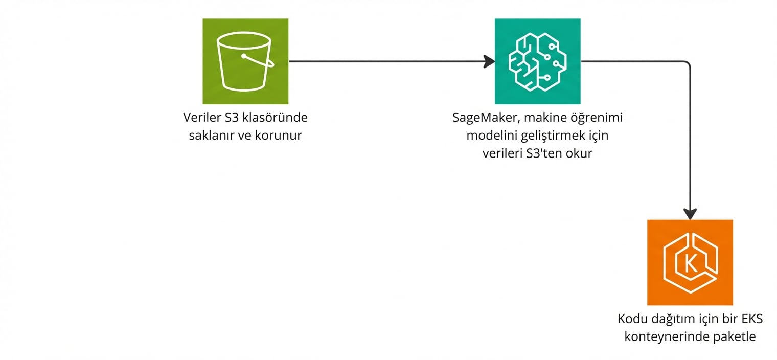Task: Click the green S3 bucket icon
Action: (x=245, y=61)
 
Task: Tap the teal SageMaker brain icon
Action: (x=537, y=61)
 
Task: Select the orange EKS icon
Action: (x=690, y=262)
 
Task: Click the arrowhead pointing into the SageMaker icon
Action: (x=490, y=61)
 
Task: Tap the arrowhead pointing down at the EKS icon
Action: (x=690, y=214)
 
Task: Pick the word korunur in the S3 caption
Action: (x=280, y=136)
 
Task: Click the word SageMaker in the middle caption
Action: (x=482, y=118)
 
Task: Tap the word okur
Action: (x=580, y=153)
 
